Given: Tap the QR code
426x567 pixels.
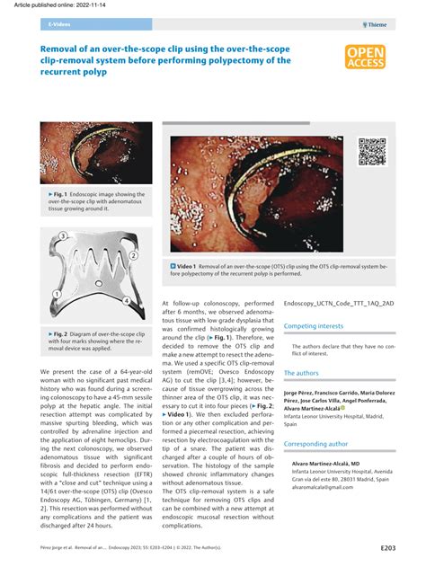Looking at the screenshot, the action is [x=372, y=151].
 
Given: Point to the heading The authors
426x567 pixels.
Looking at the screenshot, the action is [x=301, y=372].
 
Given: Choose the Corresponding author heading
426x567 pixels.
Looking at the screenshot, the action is [x=315, y=443].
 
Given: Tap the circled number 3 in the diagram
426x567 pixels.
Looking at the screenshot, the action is [x=63, y=236].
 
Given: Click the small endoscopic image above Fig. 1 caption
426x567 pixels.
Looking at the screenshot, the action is [x=97, y=152].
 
